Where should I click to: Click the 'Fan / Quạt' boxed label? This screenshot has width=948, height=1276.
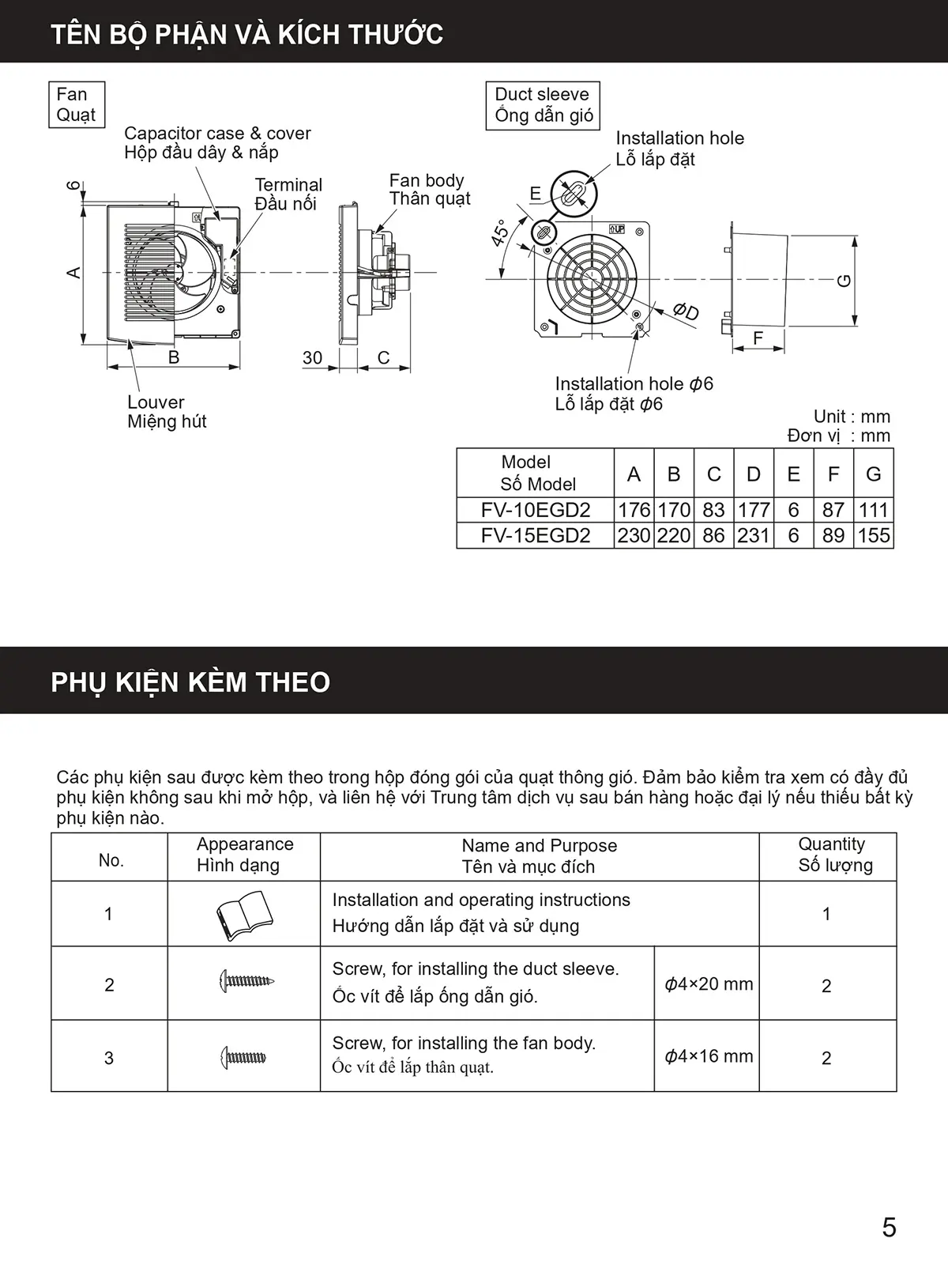coord(76,104)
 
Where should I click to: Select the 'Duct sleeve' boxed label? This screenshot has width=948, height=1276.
coord(543,105)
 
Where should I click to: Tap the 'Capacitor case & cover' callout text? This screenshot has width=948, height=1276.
coord(217,134)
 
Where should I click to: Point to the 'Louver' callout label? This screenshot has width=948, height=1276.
coord(156,402)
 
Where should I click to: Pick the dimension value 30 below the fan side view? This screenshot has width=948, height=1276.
coord(313,358)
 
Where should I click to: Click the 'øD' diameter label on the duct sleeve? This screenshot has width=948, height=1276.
coord(686,311)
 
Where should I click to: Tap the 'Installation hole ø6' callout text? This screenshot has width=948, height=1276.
coord(634,384)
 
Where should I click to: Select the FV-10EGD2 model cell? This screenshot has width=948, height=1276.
coord(536,510)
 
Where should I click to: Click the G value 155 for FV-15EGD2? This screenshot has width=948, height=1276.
coord(873,536)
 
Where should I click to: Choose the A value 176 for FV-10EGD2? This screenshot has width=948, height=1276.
coord(634,510)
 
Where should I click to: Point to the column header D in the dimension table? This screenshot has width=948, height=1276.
coord(754,474)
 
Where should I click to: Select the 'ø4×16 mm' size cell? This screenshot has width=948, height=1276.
coord(708,1056)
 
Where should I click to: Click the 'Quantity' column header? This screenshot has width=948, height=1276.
coord(831,845)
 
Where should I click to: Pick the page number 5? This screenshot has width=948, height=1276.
coord(889,1228)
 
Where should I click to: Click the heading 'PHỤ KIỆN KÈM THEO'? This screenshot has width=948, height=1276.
coord(190,682)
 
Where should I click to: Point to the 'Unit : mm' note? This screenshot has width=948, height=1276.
coord(852,417)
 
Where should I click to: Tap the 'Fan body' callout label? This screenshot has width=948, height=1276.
coord(427,181)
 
